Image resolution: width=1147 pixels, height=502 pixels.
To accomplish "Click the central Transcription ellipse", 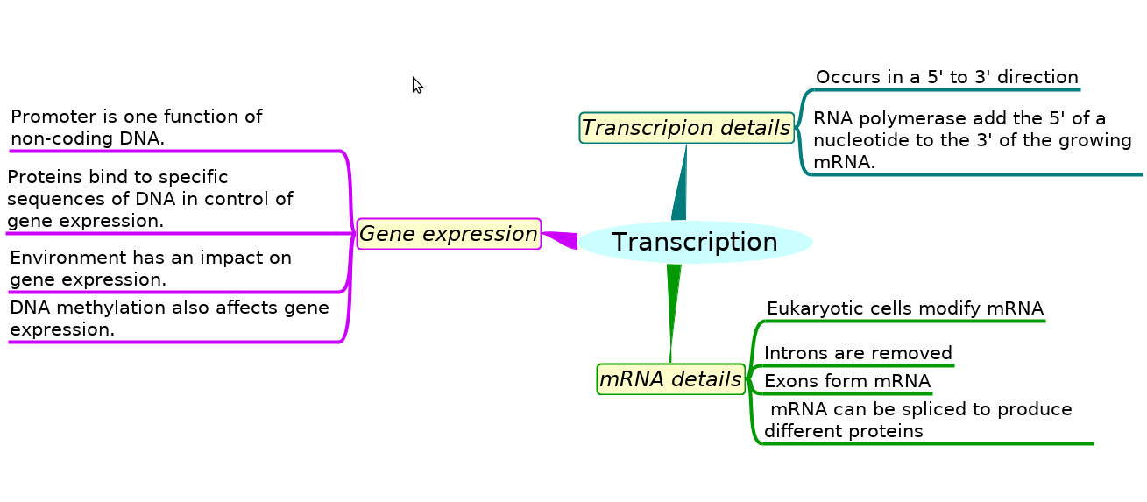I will pyautogui.click(x=695, y=243).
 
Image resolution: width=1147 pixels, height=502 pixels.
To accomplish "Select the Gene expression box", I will pyautogui.click(x=449, y=234).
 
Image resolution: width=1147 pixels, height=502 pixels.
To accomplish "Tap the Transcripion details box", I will pyautogui.click(x=686, y=128).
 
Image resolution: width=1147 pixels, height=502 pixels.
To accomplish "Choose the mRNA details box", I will pyautogui.click(x=671, y=379).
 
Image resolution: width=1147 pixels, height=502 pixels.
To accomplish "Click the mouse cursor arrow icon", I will pyautogui.click(x=417, y=85).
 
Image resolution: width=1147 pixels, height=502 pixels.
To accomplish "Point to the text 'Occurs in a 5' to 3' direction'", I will pyautogui.click(x=946, y=77).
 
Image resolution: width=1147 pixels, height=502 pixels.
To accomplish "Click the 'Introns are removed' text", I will pyautogui.click(x=858, y=353).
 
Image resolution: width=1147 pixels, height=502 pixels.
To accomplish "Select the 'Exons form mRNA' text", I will pyautogui.click(x=846, y=381).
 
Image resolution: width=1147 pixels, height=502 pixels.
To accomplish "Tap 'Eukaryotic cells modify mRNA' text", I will pyautogui.click(x=905, y=308).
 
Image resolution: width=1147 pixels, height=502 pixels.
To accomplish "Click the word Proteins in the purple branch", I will pyautogui.click(x=45, y=177).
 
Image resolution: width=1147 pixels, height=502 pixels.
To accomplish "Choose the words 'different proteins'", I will pyautogui.click(x=843, y=431).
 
